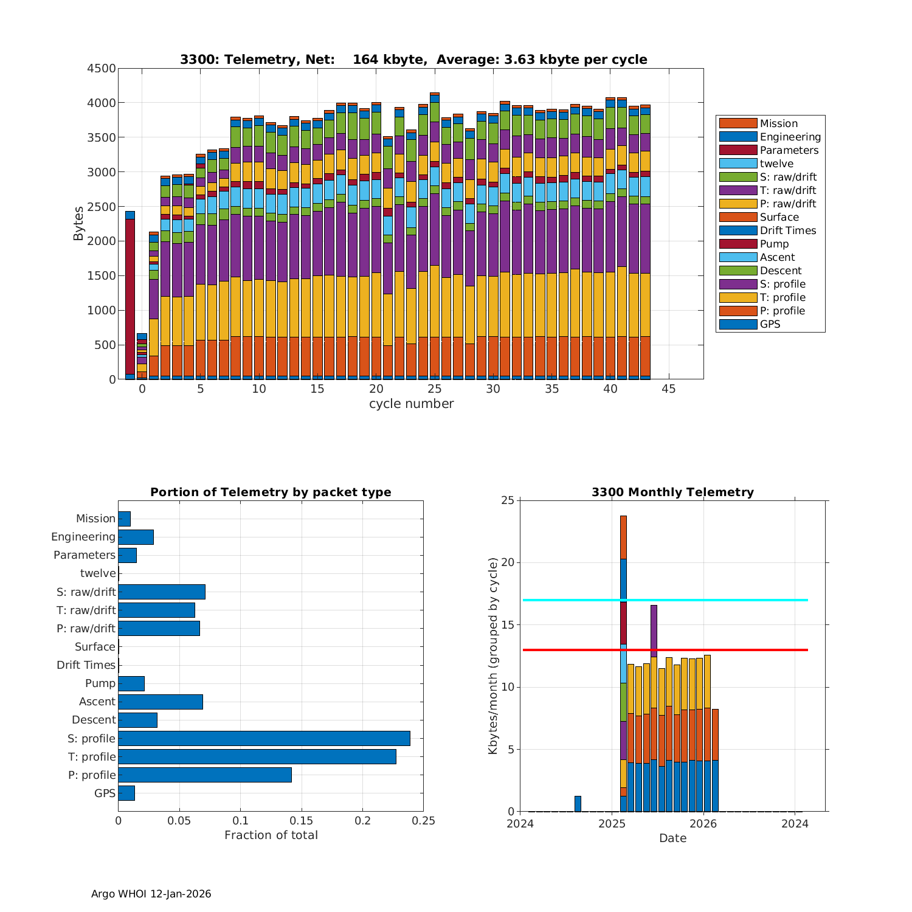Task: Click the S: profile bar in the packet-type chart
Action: [264, 738]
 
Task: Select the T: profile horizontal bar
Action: [257, 756]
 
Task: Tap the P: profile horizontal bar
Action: [205, 775]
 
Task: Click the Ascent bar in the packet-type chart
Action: [161, 702]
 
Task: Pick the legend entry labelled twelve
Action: [776, 164]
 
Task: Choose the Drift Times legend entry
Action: [787, 230]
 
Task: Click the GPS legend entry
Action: [770, 324]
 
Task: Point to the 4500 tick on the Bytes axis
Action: [102, 69]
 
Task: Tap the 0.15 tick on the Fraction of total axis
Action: [302, 821]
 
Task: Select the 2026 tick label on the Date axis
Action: [703, 824]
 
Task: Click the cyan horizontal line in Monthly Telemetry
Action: [730, 600]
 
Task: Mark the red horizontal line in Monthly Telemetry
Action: [730, 650]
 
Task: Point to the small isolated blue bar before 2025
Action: [578, 803]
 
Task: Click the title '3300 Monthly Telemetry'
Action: [672, 492]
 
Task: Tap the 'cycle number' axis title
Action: [411, 404]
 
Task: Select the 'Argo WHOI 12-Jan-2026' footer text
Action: [151, 894]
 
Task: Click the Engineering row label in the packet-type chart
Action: [83, 537]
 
